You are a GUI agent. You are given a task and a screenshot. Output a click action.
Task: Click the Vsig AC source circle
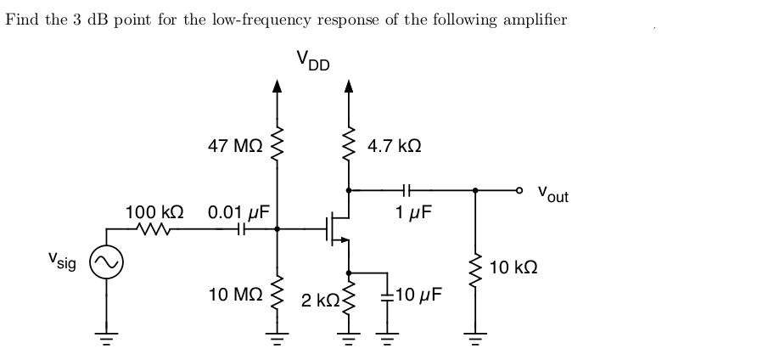[x=107, y=264]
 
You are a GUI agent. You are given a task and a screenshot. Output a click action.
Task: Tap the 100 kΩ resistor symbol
[x=155, y=228]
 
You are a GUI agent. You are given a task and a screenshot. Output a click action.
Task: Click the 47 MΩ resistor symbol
[x=276, y=146]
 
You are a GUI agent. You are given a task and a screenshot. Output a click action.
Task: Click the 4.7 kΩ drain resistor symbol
[x=348, y=146]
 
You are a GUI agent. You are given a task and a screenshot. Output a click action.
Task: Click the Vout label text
[x=552, y=194]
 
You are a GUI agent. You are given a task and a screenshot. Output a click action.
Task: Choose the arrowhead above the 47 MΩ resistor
[x=276, y=85]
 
